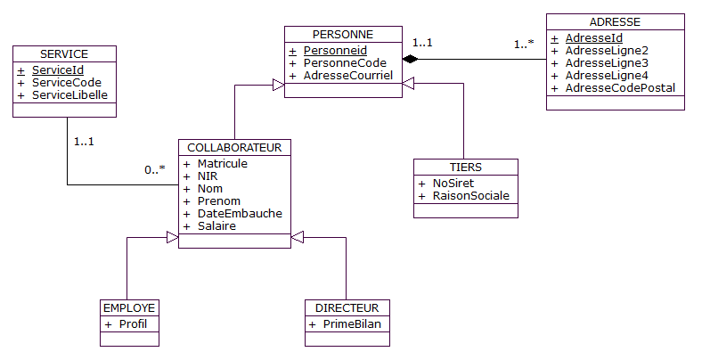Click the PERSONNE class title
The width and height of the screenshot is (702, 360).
(343, 34)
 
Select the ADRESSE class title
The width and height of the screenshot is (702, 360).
(615, 21)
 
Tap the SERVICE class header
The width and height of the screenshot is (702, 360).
(64, 53)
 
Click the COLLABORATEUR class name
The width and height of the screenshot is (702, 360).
(235, 147)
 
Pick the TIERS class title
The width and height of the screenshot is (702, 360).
(465, 167)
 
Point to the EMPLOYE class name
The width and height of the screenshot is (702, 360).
(129, 307)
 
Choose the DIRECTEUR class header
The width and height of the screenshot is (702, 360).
(347, 307)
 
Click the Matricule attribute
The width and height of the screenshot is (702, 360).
(222, 164)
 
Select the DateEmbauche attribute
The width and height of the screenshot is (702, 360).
(239, 214)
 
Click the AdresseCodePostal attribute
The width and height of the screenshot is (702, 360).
(620, 88)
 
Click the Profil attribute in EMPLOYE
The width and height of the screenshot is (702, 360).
(133, 323)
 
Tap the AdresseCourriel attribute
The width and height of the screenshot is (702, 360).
(348, 76)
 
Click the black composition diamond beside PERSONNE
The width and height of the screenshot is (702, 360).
(410, 59)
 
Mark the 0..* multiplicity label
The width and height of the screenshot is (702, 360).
(155, 169)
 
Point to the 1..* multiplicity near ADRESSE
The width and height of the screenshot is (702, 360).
(524, 44)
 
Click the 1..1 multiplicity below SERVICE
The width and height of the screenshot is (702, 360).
(84, 141)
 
